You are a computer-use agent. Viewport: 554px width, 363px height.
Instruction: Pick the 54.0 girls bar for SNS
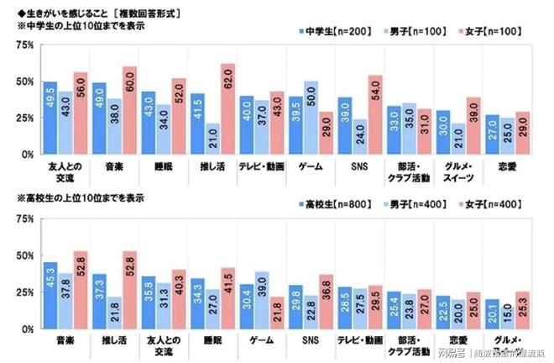click(x=375, y=115)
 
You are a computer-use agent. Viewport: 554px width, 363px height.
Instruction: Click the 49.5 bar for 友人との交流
click(x=50, y=118)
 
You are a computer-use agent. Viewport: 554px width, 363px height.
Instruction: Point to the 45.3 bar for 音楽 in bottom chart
click(x=50, y=295)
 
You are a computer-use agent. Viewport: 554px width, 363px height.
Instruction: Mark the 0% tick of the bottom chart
click(x=26, y=328)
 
